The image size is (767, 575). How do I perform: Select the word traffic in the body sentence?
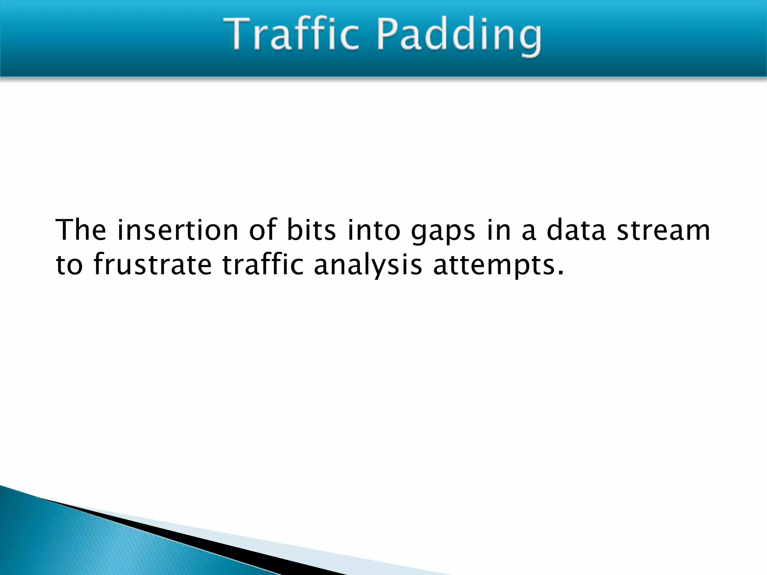tap(263, 264)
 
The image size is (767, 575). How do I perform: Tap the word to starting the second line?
tap(69, 264)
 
